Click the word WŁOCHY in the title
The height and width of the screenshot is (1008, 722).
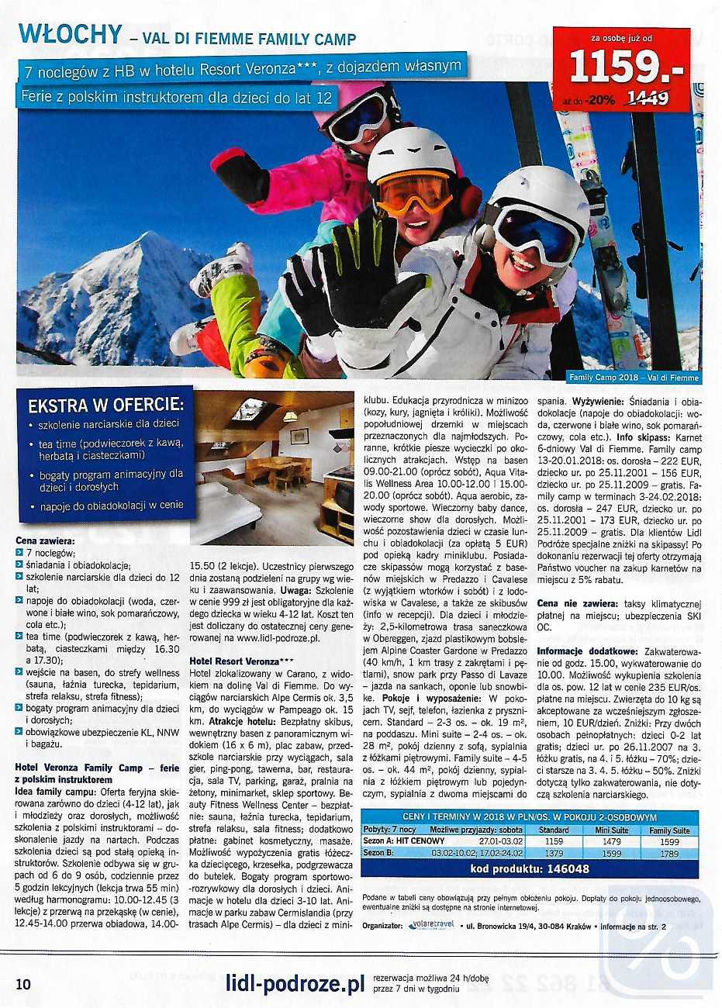click(71, 35)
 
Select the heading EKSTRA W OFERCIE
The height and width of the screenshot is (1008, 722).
click(106, 405)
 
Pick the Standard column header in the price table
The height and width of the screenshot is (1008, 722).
click(553, 830)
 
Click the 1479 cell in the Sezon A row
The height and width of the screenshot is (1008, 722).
click(611, 841)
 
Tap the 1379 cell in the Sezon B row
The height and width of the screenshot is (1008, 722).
click(553, 852)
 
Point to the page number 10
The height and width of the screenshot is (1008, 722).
click(23, 985)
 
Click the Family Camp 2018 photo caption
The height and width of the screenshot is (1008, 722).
click(634, 378)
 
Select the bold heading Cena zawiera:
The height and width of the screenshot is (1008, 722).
click(45, 540)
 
